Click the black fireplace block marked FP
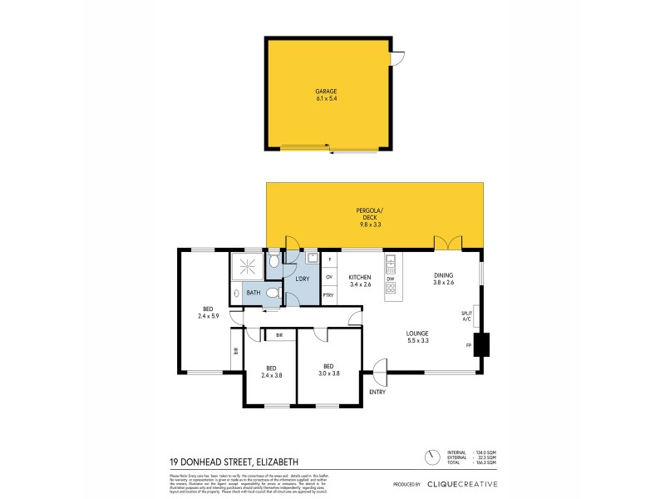tap(481, 344)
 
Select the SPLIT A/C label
tap(465, 315)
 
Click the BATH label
tap(253, 293)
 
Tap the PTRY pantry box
tap(329, 295)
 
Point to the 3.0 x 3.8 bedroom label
tap(329, 371)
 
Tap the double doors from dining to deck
tap(447, 243)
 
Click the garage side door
tap(397, 58)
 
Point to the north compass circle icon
tap(431, 457)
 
